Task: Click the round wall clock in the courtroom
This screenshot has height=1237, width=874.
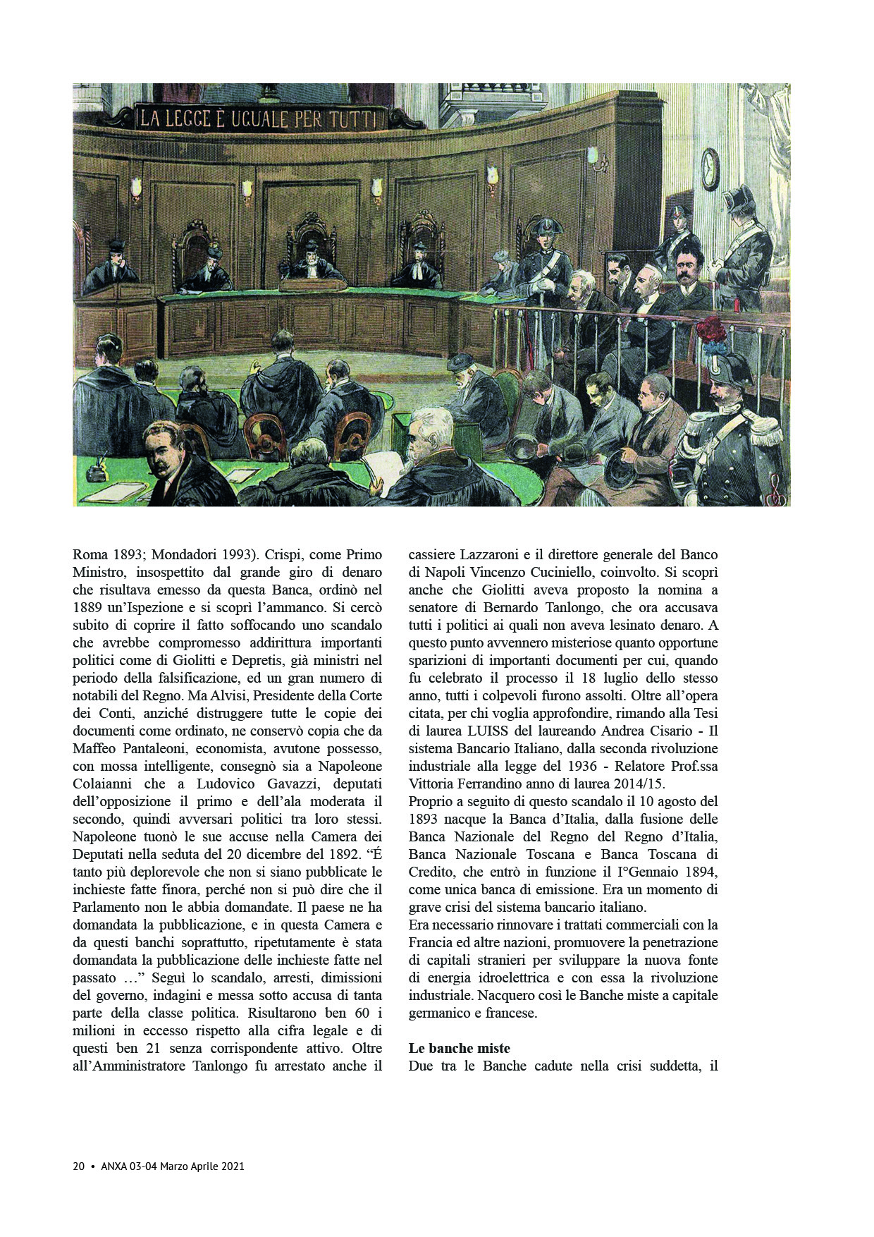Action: [x=710, y=170]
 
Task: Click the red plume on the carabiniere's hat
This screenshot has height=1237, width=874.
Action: [x=712, y=330]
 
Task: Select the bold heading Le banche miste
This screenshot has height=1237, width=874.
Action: [x=459, y=1048]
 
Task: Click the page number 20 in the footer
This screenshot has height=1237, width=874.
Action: [x=79, y=1166]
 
